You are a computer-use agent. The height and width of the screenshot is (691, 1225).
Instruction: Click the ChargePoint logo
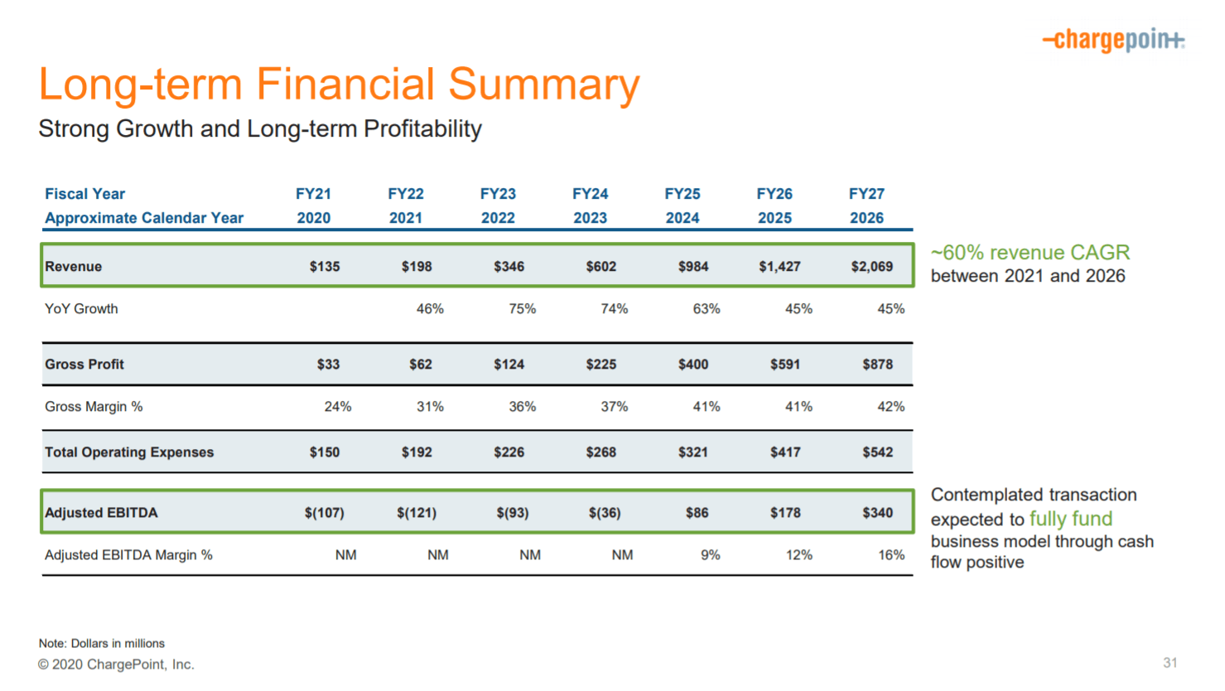pyautogui.click(x=1113, y=39)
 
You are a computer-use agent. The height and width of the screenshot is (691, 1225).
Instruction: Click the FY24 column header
pyautogui.click(x=590, y=194)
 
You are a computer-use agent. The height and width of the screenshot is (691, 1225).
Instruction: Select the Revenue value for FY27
pyautogui.click(x=871, y=267)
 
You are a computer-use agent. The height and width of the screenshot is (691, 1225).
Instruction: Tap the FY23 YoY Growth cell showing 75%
pyautogui.click(x=522, y=309)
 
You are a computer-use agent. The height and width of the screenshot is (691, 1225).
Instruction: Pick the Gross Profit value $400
pyautogui.click(x=692, y=365)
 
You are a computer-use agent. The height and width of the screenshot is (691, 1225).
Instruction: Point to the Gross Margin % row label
pyautogui.click(x=94, y=407)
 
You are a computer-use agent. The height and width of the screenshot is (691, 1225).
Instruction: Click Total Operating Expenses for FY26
pyautogui.click(x=784, y=452)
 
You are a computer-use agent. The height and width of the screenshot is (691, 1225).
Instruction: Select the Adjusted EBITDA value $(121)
pyautogui.click(x=416, y=513)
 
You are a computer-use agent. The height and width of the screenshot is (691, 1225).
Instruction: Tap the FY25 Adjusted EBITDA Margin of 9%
pyautogui.click(x=710, y=555)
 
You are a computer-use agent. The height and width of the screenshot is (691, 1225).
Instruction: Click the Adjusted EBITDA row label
pyautogui.click(x=101, y=513)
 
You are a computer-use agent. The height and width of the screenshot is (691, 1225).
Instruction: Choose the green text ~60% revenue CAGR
pyautogui.click(x=1030, y=253)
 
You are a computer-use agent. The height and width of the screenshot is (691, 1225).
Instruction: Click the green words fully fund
pyautogui.click(x=1070, y=519)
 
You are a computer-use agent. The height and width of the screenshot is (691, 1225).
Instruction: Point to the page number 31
pyautogui.click(x=1170, y=663)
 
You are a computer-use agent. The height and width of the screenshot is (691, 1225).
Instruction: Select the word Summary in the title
pyautogui.click(x=543, y=85)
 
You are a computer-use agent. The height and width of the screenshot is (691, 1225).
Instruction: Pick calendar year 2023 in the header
pyautogui.click(x=590, y=218)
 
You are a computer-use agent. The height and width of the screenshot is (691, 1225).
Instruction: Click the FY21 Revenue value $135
pyautogui.click(x=324, y=267)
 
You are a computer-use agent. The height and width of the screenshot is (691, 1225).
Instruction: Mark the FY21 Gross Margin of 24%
pyautogui.click(x=337, y=407)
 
